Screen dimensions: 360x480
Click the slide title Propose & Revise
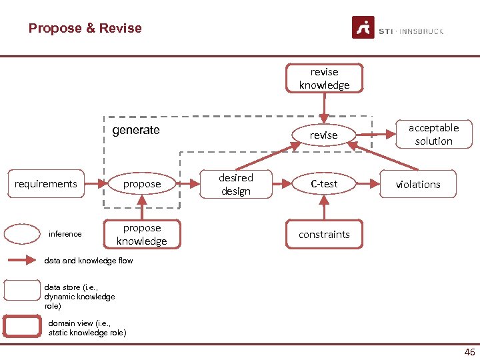(85, 28)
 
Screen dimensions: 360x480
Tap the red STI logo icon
(363, 28)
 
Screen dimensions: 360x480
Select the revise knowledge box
(324, 78)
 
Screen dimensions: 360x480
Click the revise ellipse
(323, 135)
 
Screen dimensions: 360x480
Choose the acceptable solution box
(433, 134)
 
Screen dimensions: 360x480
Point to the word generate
(136, 130)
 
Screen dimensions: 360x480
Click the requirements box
(46, 183)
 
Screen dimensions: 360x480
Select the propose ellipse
(142, 183)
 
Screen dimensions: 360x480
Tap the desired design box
(236, 184)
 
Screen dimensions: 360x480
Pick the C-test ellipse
(324, 183)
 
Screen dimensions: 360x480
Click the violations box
(418, 184)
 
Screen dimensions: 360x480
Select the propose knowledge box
(141, 235)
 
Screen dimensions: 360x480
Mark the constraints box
(324, 235)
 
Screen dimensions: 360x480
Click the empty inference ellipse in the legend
(22, 234)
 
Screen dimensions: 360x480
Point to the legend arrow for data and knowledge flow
(22, 261)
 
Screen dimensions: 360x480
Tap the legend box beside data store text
(22, 291)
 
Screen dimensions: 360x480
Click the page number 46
(469, 352)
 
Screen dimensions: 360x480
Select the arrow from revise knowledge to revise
(324, 107)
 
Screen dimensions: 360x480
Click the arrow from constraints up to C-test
(324, 209)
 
